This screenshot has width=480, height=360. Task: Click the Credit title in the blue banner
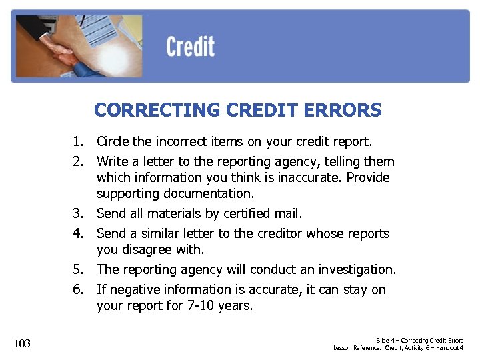pyautogui.click(x=191, y=47)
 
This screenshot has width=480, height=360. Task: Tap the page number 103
pyautogui.click(x=22, y=343)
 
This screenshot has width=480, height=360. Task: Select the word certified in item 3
pyautogui.click(x=249, y=214)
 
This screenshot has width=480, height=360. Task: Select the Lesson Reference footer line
pyautogui.click(x=399, y=348)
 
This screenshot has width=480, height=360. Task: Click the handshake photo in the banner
pyautogui.click(x=77, y=46)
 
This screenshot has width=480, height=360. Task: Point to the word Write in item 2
pyautogui.click(x=113, y=161)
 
